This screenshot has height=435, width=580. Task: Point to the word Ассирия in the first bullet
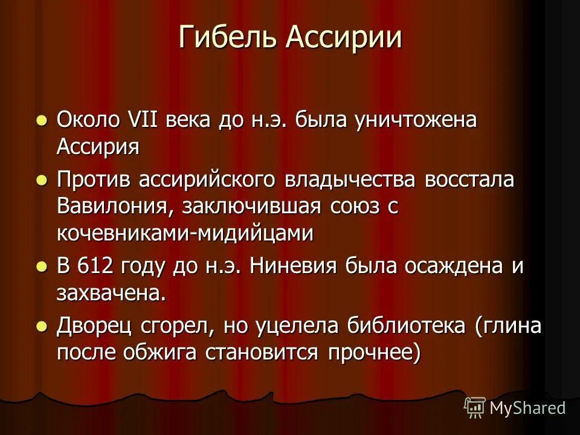point(98,147)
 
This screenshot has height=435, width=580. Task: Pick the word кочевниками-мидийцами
point(185,233)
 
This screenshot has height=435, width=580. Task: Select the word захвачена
point(111,294)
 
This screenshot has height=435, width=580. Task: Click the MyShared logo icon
point(474,408)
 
